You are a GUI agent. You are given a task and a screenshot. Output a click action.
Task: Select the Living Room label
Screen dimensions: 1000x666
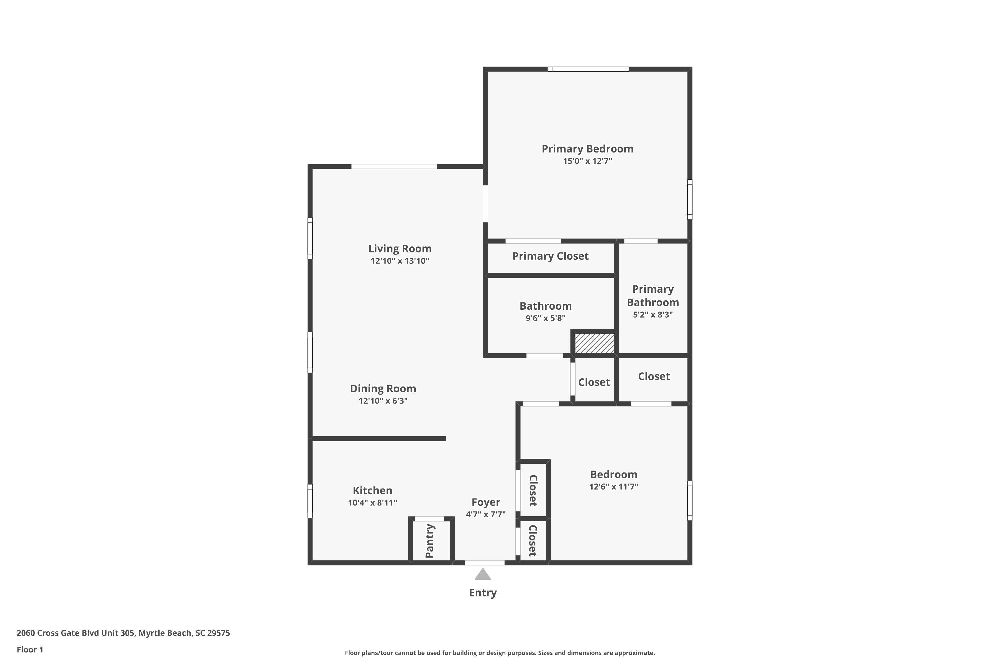coord(400,248)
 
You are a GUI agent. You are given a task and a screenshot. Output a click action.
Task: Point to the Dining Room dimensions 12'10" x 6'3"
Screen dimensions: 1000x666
coord(383,401)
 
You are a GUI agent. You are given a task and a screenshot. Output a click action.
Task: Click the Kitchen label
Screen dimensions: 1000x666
coord(372,490)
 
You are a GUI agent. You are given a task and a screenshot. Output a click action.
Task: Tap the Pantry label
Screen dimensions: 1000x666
coord(429,541)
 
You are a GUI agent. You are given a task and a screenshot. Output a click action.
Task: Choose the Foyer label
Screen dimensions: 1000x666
coord(486,502)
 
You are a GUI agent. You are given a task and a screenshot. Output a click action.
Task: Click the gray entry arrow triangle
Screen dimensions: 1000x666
coord(483,575)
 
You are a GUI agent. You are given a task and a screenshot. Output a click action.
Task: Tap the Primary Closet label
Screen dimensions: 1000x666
coord(550,256)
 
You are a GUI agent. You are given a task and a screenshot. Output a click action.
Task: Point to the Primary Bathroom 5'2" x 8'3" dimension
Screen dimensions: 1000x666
coord(653,315)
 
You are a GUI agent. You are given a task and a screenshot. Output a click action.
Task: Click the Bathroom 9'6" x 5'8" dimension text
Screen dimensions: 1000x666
coord(545,318)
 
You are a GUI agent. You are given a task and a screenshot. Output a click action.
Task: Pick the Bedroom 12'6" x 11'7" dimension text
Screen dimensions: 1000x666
coord(614,487)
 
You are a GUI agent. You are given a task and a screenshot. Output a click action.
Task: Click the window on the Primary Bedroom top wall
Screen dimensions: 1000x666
coord(588,69)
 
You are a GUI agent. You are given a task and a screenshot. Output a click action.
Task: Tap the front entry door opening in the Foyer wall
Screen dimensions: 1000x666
coord(484,563)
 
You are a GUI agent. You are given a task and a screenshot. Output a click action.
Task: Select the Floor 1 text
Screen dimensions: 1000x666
coord(30,649)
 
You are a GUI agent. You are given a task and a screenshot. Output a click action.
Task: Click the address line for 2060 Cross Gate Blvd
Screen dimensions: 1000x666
coord(123,633)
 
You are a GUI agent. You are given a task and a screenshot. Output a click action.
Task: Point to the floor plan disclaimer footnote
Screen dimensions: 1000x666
coord(500,653)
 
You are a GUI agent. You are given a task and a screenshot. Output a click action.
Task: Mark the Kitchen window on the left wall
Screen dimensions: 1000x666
coord(310,501)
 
